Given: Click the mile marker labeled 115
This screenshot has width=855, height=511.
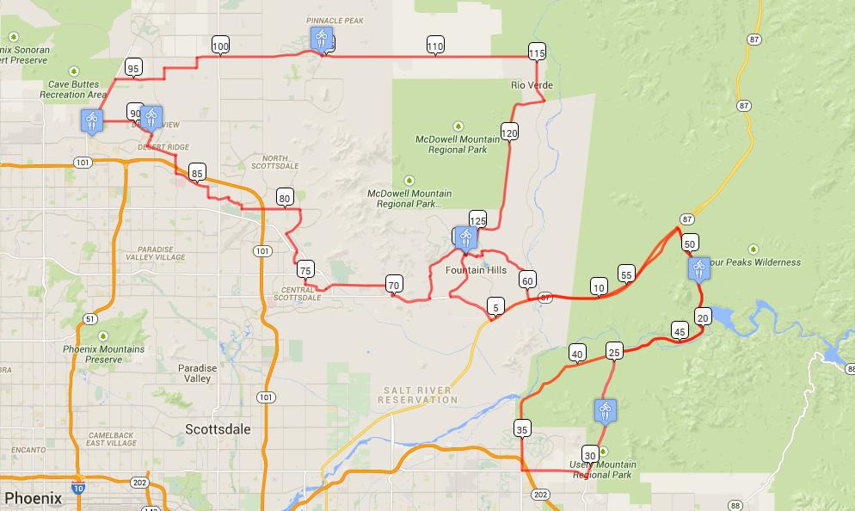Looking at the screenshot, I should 537,52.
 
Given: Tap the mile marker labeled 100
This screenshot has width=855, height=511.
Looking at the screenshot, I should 220,46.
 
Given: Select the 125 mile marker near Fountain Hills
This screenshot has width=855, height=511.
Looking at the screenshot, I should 477,220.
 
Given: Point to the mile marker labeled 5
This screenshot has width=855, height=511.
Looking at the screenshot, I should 495,306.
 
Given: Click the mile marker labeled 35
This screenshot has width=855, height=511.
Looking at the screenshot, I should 522,428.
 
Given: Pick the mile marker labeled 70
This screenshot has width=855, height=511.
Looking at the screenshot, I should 394,285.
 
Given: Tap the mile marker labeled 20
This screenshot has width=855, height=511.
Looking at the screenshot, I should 703,317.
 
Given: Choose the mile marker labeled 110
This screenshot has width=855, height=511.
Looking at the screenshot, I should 435,46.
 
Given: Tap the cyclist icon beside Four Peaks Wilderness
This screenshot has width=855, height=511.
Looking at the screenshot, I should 698,269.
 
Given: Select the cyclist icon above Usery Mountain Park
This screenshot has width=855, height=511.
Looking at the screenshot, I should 606,411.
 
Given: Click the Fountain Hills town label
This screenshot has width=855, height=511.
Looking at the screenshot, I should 476,270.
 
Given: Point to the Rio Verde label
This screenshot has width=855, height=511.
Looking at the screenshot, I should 532,85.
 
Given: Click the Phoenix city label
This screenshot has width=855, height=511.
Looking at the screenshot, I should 34,497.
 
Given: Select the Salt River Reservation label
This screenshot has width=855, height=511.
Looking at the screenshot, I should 417,395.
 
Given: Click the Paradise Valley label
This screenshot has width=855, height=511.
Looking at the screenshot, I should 198,373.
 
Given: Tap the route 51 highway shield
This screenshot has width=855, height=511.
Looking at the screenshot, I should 90,318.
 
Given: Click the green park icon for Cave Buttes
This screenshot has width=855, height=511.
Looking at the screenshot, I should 74,71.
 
